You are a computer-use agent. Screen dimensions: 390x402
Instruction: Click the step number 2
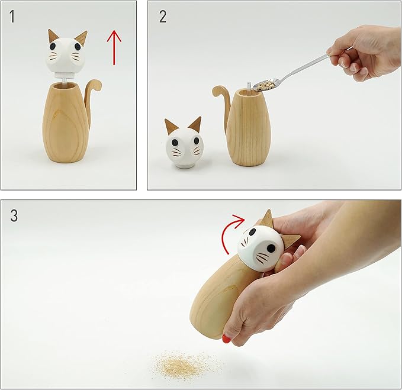pos(162,17)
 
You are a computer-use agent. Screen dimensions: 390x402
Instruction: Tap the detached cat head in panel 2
pos(184,145)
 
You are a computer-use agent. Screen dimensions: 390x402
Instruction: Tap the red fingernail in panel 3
pos(226,339)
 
